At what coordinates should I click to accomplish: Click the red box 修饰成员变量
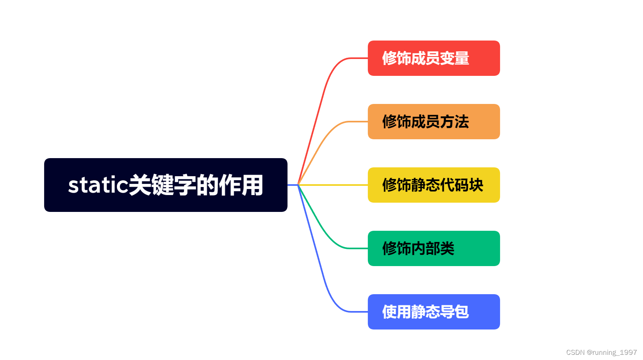(x=434, y=58)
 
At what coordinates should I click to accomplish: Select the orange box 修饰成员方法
(x=434, y=122)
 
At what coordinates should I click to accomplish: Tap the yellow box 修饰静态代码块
(x=434, y=185)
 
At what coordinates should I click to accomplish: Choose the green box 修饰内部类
(x=434, y=248)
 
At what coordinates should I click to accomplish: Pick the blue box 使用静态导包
(x=434, y=312)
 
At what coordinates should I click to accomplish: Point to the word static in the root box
(x=98, y=185)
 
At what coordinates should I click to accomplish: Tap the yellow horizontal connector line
(x=333, y=185)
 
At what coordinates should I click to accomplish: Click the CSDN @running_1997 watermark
(x=601, y=352)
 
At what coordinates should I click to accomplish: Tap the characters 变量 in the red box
(x=455, y=58)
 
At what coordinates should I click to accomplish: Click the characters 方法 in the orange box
(x=455, y=122)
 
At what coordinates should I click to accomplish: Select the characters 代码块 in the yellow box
(x=462, y=185)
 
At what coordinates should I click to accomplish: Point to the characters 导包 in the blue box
(x=455, y=312)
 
